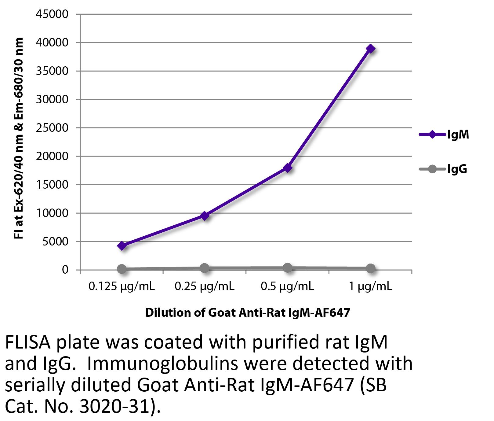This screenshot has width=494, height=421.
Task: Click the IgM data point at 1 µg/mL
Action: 371,49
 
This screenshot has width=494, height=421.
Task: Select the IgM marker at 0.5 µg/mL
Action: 287,168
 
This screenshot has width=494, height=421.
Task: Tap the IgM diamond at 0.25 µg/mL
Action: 205,216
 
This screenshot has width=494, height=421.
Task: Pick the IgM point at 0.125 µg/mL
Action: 122,246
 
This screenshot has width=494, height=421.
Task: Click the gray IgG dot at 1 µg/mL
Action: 370,268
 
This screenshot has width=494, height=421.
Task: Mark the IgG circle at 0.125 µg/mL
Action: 122,269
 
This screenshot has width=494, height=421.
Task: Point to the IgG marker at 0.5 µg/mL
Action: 287,268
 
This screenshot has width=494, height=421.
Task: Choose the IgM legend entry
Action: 444,135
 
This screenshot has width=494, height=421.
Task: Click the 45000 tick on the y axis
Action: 52,14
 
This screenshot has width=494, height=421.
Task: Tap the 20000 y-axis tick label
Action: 52,156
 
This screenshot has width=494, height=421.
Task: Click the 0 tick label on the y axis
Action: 65,270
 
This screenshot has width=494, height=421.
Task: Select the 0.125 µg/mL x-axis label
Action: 122,286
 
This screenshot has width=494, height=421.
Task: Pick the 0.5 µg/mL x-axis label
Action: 287,286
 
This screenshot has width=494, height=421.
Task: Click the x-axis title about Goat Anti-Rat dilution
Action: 247,313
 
